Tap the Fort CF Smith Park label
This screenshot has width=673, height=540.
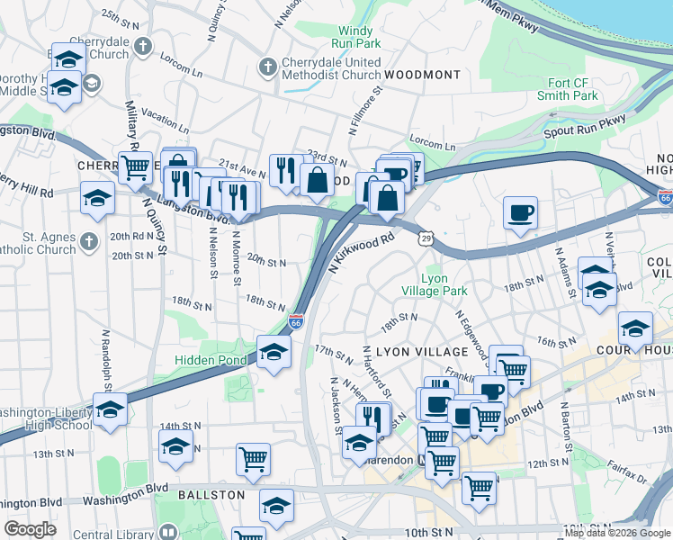[567, 89]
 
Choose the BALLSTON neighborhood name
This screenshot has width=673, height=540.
[211, 495]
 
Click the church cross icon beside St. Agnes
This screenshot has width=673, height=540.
[87, 241]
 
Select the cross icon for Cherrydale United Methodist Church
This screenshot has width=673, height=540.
[267, 67]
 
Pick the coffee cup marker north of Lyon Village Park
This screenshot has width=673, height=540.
[520, 213]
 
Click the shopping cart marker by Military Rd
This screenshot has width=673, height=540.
[136, 166]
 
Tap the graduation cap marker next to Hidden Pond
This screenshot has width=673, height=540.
[274, 352]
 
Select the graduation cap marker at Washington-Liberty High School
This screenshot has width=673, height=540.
[110, 409]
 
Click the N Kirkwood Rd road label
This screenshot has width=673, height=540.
[363, 253]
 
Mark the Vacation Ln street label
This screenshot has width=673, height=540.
[165, 122]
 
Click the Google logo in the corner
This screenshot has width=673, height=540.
[30, 529]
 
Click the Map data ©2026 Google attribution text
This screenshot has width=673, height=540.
[616, 533]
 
